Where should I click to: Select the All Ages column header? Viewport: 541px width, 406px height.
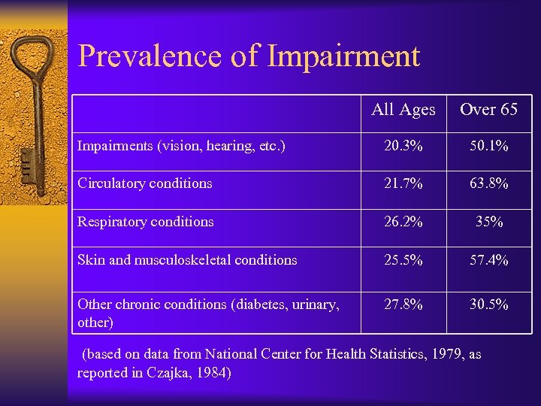(x=403, y=110)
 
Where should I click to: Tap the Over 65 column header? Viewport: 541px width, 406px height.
(x=488, y=110)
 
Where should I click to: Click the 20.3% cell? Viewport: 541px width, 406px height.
(x=403, y=147)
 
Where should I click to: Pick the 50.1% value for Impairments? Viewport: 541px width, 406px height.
(x=488, y=147)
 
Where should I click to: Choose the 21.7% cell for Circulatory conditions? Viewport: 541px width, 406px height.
(x=403, y=183)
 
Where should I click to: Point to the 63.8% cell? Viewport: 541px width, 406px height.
(x=488, y=183)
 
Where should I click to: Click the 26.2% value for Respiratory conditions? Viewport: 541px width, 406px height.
(x=403, y=222)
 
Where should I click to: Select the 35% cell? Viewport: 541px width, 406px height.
(x=488, y=222)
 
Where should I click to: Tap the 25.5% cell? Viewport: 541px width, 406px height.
(x=403, y=260)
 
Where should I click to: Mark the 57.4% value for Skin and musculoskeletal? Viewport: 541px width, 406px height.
(x=488, y=260)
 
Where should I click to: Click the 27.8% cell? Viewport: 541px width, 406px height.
(x=403, y=304)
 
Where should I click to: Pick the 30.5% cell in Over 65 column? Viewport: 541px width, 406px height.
(x=488, y=304)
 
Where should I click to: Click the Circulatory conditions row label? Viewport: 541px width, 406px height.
(x=145, y=183)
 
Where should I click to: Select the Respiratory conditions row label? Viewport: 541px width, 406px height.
(x=146, y=222)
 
